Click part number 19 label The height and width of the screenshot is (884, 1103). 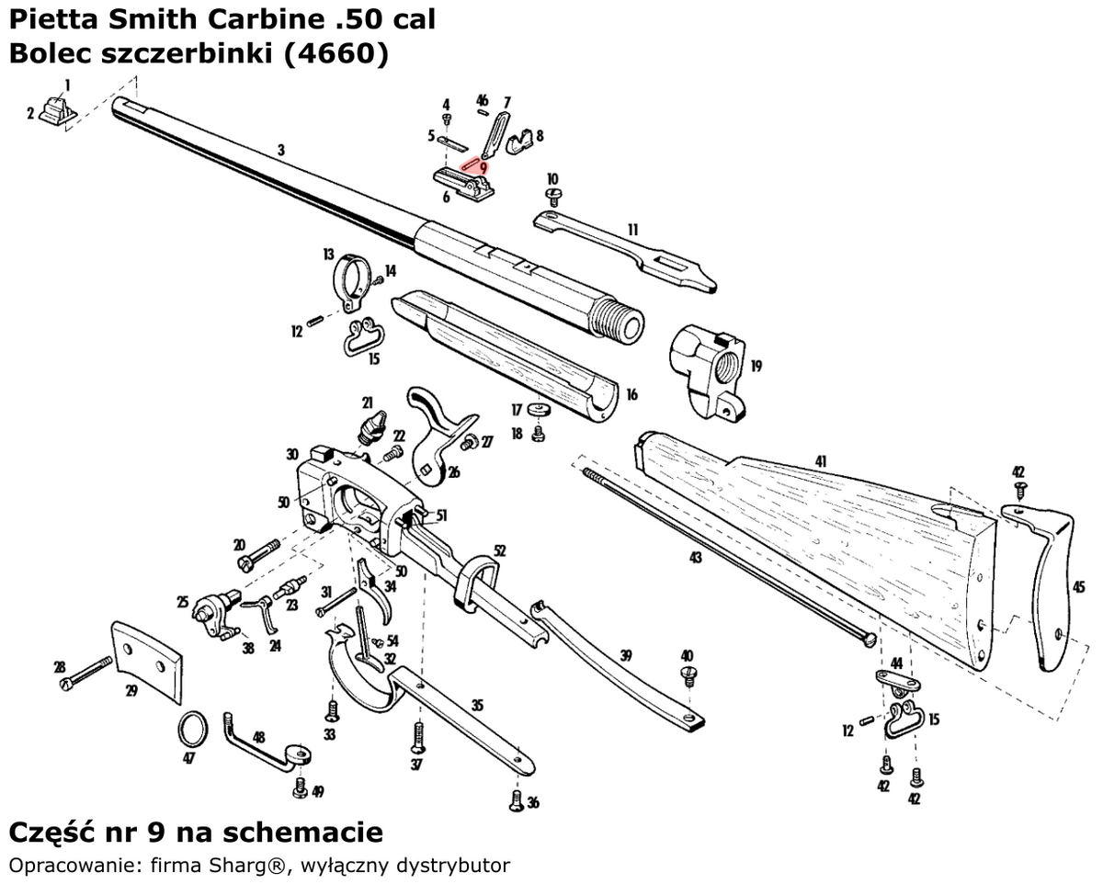click(x=756, y=366)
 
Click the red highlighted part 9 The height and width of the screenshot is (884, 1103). click(x=473, y=162)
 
